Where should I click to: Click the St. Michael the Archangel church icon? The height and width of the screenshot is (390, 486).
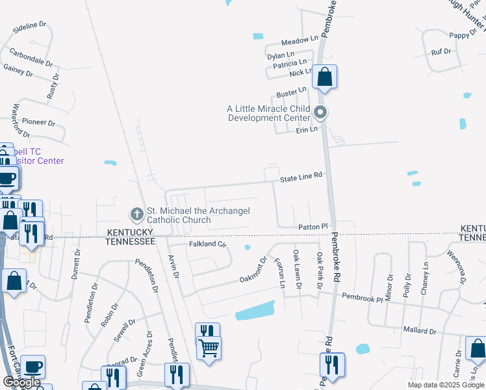136,213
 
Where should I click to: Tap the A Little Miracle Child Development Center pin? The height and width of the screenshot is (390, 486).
320,113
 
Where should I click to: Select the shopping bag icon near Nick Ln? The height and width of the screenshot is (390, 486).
324,77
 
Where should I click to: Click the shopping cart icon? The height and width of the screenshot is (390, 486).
209,348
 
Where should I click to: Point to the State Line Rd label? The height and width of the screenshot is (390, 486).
301,176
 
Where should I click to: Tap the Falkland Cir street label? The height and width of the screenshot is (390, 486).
207,244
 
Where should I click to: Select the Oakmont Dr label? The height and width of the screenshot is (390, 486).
253,270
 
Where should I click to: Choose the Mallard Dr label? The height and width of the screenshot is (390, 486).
419,330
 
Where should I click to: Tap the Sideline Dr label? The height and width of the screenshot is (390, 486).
29,27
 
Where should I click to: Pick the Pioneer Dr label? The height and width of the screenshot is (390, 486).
39,122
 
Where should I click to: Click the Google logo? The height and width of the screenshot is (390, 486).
21,382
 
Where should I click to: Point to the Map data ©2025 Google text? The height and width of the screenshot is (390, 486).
445,385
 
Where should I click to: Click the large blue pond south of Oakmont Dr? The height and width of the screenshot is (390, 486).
255,311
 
